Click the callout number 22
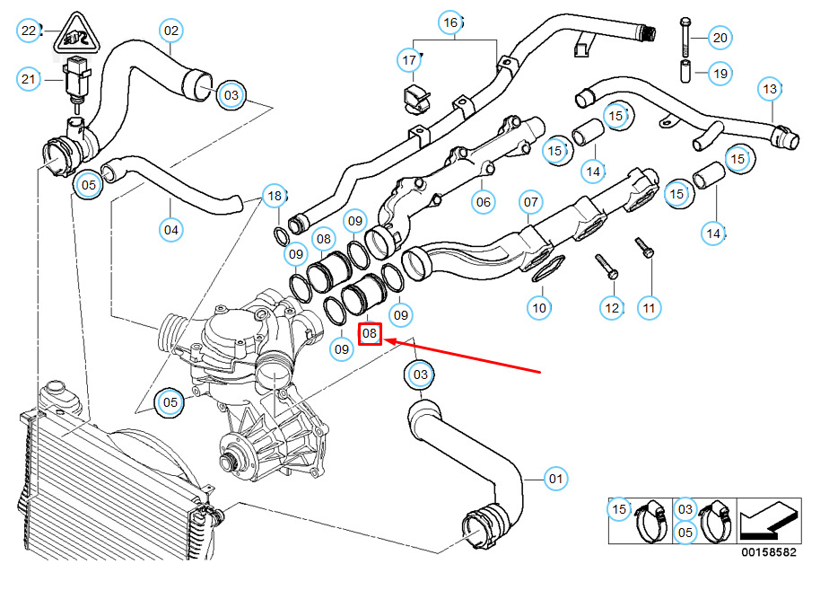coord(29,31)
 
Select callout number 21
coord(29,80)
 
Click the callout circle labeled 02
coord(170,31)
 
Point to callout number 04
coord(170,230)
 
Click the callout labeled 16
coord(450,22)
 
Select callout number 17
coord(409,61)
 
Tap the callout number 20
coord(720,38)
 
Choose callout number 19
coord(720,74)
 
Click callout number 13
coord(770,89)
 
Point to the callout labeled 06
coord(484,201)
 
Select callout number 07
coord(530,201)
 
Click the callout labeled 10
coord(538,308)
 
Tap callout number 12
coord(612,308)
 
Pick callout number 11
coord(649,308)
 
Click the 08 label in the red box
coord(371,334)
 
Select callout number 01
coord(555,479)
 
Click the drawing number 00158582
coord(768,553)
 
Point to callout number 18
coord(275,196)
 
